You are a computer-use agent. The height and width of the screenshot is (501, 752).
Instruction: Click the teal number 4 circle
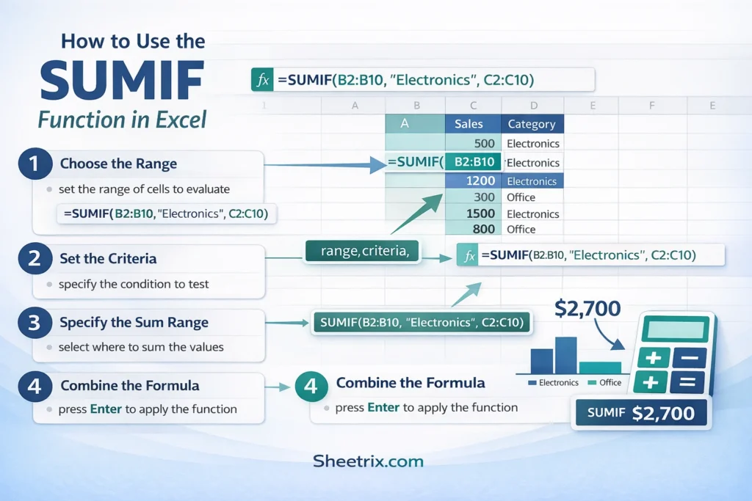click(x=311, y=387)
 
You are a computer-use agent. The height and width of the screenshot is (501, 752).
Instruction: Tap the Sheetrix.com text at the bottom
click(x=368, y=461)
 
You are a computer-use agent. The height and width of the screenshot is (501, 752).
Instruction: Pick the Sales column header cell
click(x=472, y=124)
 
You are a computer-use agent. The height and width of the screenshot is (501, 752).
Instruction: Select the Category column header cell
click(x=532, y=124)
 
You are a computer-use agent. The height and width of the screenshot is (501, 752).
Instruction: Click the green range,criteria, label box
click(x=360, y=252)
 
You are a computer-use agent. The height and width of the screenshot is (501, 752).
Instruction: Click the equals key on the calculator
click(x=687, y=382)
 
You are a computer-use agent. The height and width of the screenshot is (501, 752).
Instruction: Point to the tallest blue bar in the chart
click(x=565, y=355)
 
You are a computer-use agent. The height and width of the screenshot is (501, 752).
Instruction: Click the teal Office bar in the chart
click(x=599, y=367)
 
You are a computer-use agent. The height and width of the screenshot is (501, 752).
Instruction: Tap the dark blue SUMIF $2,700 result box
click(x=641, y=413)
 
